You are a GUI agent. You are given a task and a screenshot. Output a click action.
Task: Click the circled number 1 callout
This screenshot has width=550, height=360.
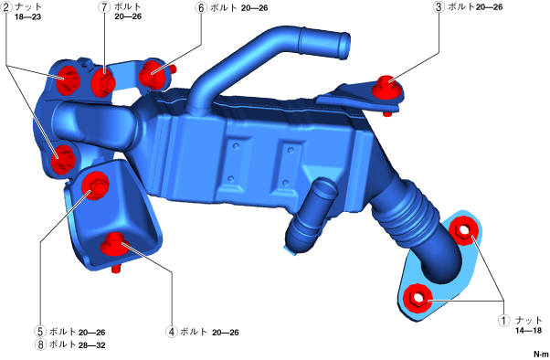(503, 320)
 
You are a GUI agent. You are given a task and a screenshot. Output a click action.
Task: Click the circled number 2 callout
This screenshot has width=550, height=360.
(6, 7)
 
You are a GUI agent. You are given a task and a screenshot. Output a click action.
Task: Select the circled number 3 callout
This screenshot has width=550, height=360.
(439, 7)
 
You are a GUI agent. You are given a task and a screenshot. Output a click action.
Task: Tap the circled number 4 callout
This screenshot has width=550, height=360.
(172, 332)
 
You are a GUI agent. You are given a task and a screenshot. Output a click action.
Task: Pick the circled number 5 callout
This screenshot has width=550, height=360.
(40, 332)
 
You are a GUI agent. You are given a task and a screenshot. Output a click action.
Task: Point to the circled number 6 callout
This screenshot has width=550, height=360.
(201, 7)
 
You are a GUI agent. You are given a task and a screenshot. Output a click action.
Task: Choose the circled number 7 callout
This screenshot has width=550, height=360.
(104, 7)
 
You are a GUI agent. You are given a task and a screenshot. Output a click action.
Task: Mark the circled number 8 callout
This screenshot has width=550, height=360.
(40, 344)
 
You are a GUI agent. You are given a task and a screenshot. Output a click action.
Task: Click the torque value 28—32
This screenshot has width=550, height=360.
(92, 345)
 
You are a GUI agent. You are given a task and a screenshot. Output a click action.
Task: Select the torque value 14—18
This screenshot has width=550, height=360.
(529, 330)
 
